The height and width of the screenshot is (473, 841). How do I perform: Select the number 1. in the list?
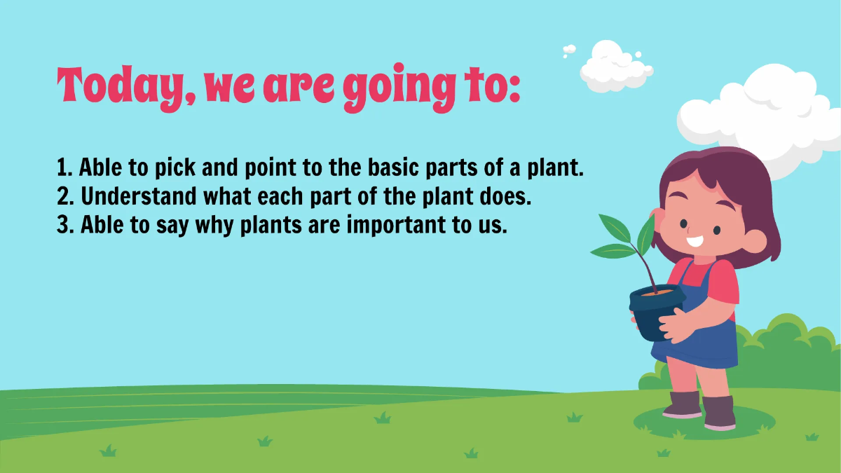coord(64,167)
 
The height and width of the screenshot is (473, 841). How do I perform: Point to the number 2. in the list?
coord(66,197)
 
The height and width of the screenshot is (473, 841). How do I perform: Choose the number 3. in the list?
coord(66,226)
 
